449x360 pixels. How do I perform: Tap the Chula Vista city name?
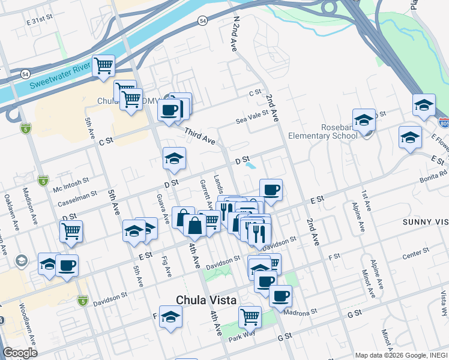coord(206,300)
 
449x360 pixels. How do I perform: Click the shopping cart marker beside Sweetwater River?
coord(103,66)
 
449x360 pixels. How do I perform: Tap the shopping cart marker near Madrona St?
coord(250,316)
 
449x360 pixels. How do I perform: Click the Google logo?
coord(20,353)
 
